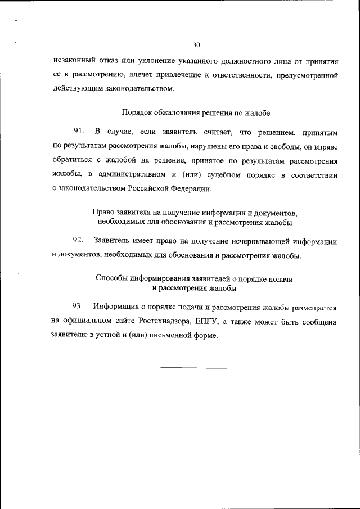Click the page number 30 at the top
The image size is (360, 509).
(196, 45)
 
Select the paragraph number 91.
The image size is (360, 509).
(78, 132)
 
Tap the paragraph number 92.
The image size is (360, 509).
(78, 241)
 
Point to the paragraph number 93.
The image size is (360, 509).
(78, 307)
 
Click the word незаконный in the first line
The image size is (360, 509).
(72, 59)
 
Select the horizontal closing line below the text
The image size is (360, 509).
(193, 368)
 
